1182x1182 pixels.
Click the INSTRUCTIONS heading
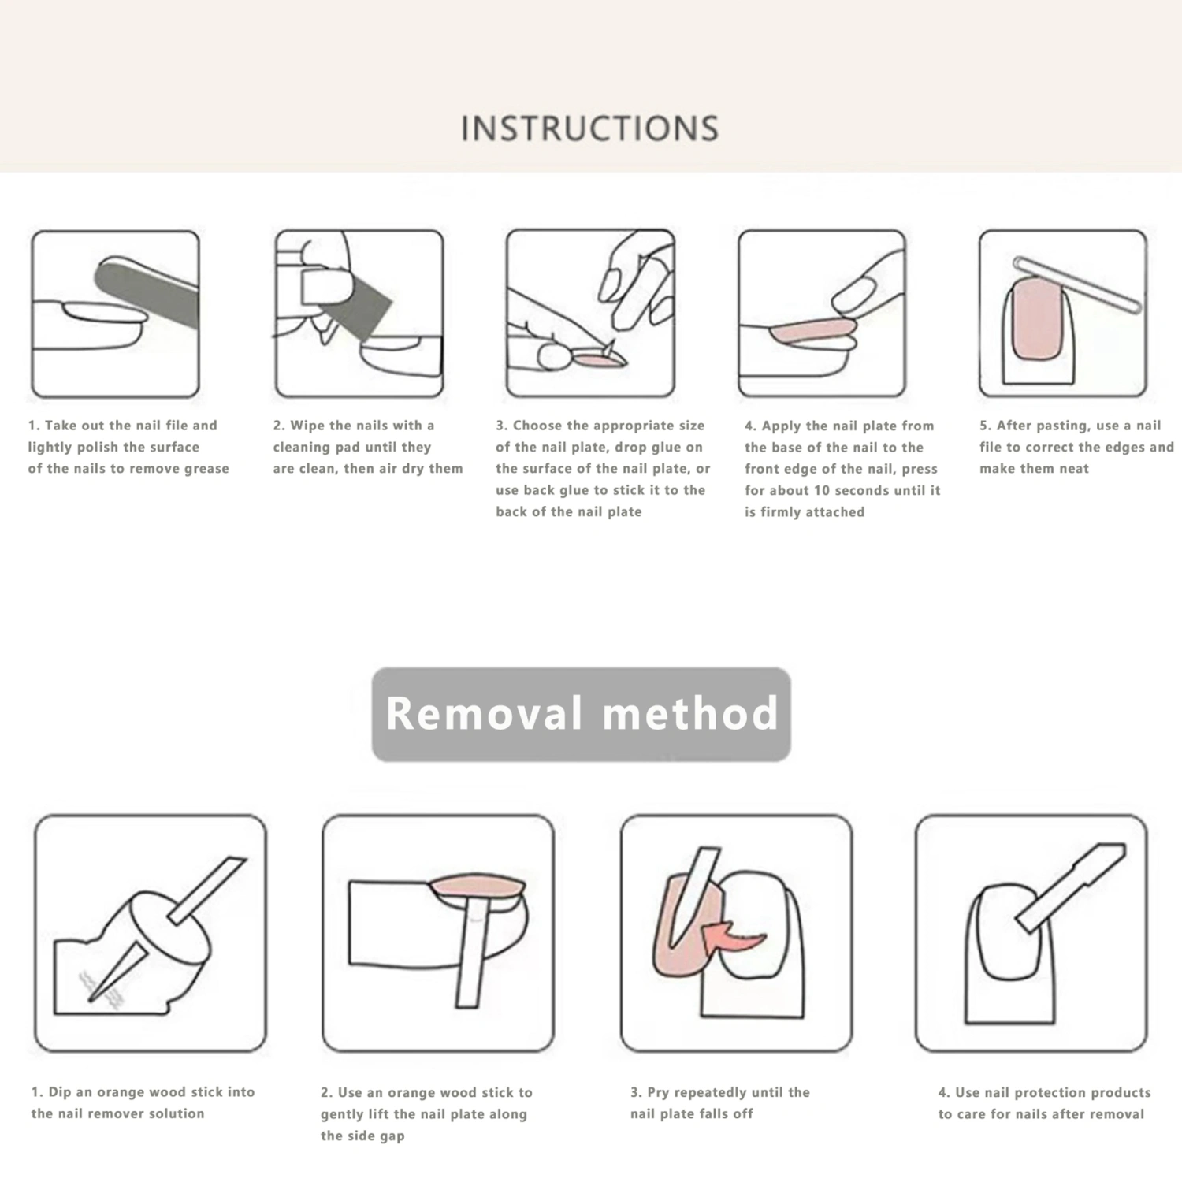589,128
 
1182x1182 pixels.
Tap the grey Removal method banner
582,714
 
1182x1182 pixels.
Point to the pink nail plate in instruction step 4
812,332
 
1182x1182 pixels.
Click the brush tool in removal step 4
1069,887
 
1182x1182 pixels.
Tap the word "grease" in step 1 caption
206,469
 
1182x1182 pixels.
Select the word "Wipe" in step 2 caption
307,426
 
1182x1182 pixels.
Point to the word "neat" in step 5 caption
1073,468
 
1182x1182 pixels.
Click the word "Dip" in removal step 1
60,1092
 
